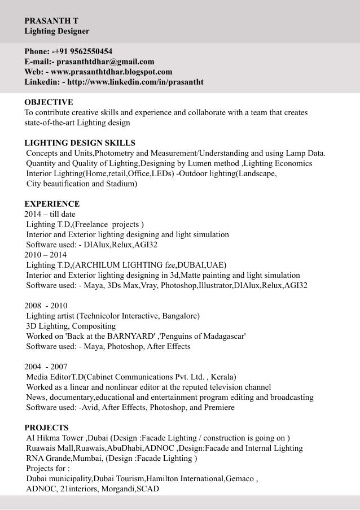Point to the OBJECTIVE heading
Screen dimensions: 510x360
(x=49, y=102)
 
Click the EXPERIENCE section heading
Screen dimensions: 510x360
(x=52, y=203)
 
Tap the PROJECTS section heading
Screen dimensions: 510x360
(x=47, y=427)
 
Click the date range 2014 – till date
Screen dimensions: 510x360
(x=50, y=214)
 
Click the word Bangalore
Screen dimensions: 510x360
(x=180, y=316)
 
